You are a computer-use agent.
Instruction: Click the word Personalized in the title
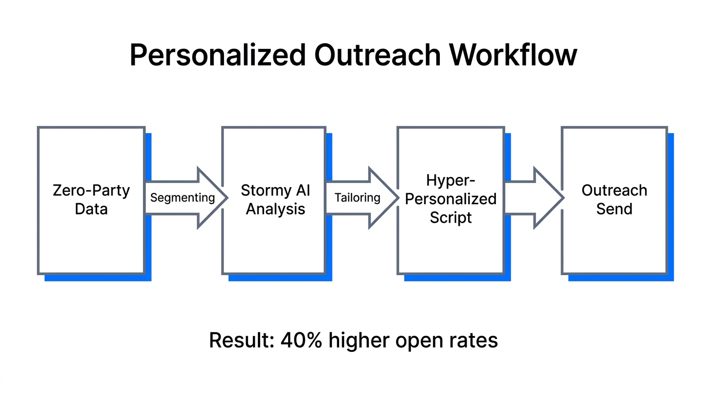218,55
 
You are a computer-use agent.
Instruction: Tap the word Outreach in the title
377,55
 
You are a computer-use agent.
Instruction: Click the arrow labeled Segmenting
183,197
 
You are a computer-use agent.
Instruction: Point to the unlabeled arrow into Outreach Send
534,197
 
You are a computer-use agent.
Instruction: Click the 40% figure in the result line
301,340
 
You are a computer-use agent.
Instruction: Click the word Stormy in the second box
265,190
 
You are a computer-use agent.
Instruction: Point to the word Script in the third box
451,217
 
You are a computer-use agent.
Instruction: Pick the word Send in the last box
614,209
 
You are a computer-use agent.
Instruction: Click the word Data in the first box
91,209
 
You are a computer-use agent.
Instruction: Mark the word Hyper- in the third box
451,181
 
